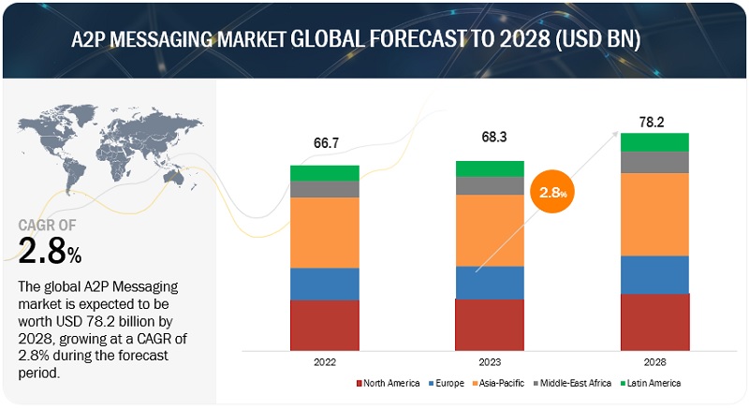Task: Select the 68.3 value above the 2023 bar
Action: [489, 137]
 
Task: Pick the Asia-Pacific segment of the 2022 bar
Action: [324, 232]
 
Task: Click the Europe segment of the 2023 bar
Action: [489, 282]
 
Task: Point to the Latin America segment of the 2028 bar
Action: [654, 141]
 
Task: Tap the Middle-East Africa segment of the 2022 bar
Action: [324, 189]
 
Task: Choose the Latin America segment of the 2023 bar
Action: [489, 168]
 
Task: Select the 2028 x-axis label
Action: [654, 360]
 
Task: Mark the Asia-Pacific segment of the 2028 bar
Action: [654, 214]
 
